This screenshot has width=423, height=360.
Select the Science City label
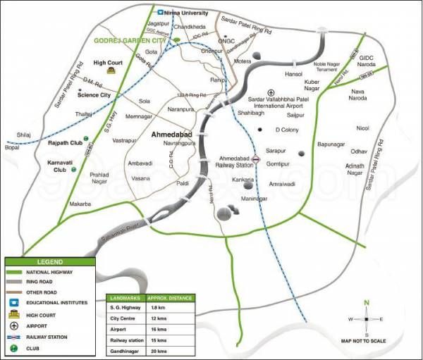point(94,94)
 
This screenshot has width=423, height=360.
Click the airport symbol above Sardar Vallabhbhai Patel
point(261,92)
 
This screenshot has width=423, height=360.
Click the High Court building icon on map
point(111,70)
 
